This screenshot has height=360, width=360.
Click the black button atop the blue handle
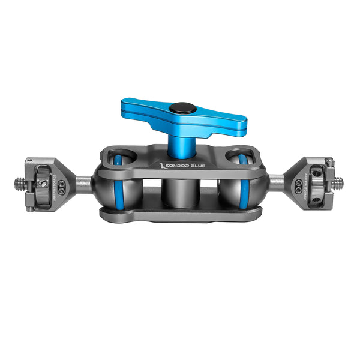[x=177, y=109]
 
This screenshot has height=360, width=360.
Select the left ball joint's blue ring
[x=118, y=186]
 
